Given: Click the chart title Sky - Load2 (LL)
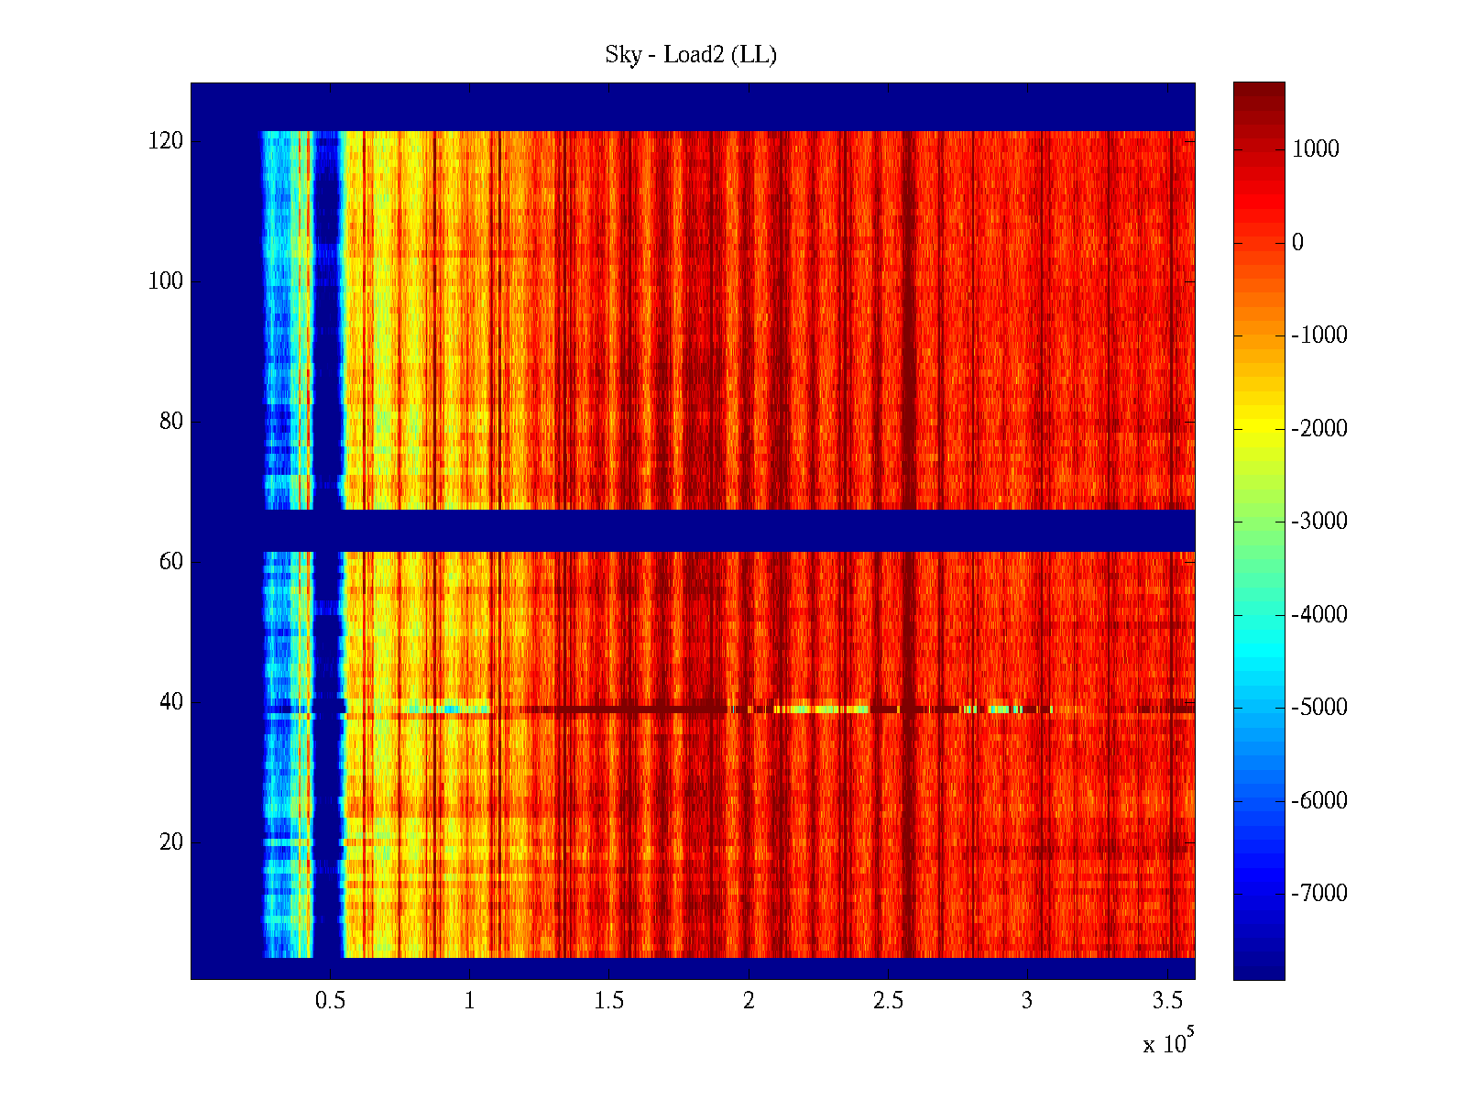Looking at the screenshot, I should (x=691, y=55).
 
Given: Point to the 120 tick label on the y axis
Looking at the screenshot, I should (x=166, y=141).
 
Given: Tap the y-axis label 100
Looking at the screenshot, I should (x=166, y=281).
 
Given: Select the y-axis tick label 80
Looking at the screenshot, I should (x=171, y=422).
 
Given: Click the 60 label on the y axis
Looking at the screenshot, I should (x=171, y=562).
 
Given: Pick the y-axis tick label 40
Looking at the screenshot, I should (x=171, y=702).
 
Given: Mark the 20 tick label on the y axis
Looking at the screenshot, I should (x=171, y=842).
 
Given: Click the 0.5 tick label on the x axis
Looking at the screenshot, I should (x=330, y=1001).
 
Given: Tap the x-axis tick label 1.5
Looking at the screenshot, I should (x=609, y=1001).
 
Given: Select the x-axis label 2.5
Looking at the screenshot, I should (x=888, y=1001).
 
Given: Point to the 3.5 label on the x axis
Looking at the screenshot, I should (x=1167, y=1001).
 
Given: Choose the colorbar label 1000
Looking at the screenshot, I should (x=1316, y=149).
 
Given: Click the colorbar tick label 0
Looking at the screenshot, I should (x=1297, y=243).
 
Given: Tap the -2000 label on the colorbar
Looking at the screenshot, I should (x=1319, y=428).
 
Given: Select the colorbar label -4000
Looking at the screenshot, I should (x=1319, y=614).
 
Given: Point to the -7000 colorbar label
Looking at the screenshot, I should (x=1319, y=893).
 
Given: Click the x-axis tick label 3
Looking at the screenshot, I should (x=1027, y=1001).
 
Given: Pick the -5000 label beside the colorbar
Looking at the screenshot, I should (x=1319, y=708).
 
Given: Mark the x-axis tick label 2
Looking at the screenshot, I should (x=749, y=1001).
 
